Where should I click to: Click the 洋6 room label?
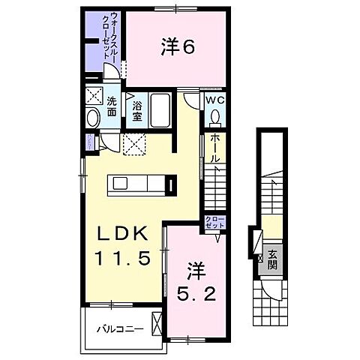point(178,46)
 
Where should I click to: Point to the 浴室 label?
point(138,111)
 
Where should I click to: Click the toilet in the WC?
point(215,117)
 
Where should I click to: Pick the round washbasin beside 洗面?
point(93,118)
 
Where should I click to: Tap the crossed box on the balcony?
point(155,323)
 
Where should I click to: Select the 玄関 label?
point(272,259)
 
